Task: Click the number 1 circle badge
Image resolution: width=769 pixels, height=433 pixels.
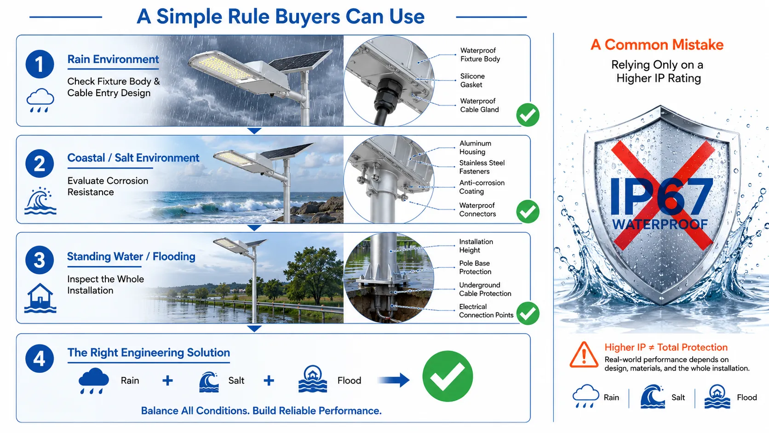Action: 40,64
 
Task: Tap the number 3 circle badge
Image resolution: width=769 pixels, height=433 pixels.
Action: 40,260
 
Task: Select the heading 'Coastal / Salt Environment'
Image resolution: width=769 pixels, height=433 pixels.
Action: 133,158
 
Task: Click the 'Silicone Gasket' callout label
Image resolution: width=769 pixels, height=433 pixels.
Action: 472,81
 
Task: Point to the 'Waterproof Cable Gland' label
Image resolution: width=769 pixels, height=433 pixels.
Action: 479,105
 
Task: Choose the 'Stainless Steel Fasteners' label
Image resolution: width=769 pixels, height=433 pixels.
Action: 482,167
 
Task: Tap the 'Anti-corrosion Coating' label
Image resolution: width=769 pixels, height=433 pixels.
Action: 482,187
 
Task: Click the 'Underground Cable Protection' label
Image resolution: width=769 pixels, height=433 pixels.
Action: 485,289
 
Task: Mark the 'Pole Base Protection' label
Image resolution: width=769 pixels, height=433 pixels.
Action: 475,267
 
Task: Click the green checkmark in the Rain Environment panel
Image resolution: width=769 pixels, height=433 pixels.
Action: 528,115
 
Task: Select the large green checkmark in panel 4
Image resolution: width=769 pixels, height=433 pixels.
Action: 448,376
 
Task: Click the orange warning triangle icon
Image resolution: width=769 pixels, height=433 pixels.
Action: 584,355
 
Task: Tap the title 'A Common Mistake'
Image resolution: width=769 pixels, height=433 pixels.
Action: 657,45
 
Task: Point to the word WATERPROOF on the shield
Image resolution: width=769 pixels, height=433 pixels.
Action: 660,225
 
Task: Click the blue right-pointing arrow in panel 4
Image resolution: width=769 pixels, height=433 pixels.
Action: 393,380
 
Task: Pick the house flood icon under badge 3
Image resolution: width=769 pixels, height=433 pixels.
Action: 40,298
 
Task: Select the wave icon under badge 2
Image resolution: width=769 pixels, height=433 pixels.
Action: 40,201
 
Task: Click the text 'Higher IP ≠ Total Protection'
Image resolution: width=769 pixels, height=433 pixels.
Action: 666,347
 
